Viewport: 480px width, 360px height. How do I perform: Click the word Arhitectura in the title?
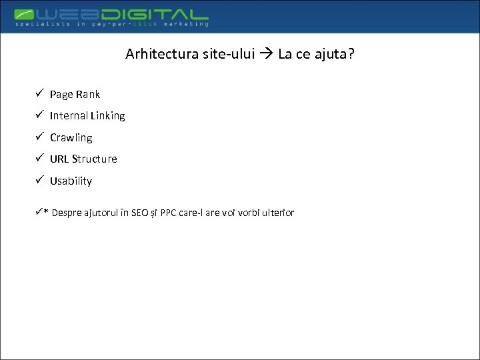pyautogui.click(x=161, y=54)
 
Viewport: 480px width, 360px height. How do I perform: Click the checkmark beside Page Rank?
pyautogui.click(x=40, y=93)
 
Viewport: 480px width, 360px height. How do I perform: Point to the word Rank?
pyautogui.click(x=87, y=95)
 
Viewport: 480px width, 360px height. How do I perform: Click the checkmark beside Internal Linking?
pyautogui.click(x=40, y=115)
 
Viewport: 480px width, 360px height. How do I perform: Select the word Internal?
pyautogui.click(x=69, y=116)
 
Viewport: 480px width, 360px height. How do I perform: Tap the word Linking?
pyautogui.click(x=107, y=116)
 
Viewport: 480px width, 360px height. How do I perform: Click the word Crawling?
pyautogui.click(x=71, y=138)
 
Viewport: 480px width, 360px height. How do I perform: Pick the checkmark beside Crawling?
pyautogui.click(x=40, y=137)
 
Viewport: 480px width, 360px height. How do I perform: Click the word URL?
pyautogui.click(x=59, y=159)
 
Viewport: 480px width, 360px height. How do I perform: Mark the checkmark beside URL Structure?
pyautogui.click(x=40, y=158)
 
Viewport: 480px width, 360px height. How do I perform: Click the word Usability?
pyautogui.click(x=71, y=181)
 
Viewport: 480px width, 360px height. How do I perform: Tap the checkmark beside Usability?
pyautogui.click(x=40, y=180)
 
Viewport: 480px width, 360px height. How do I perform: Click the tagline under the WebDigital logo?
pyautogui.click(x=111, y=24)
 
